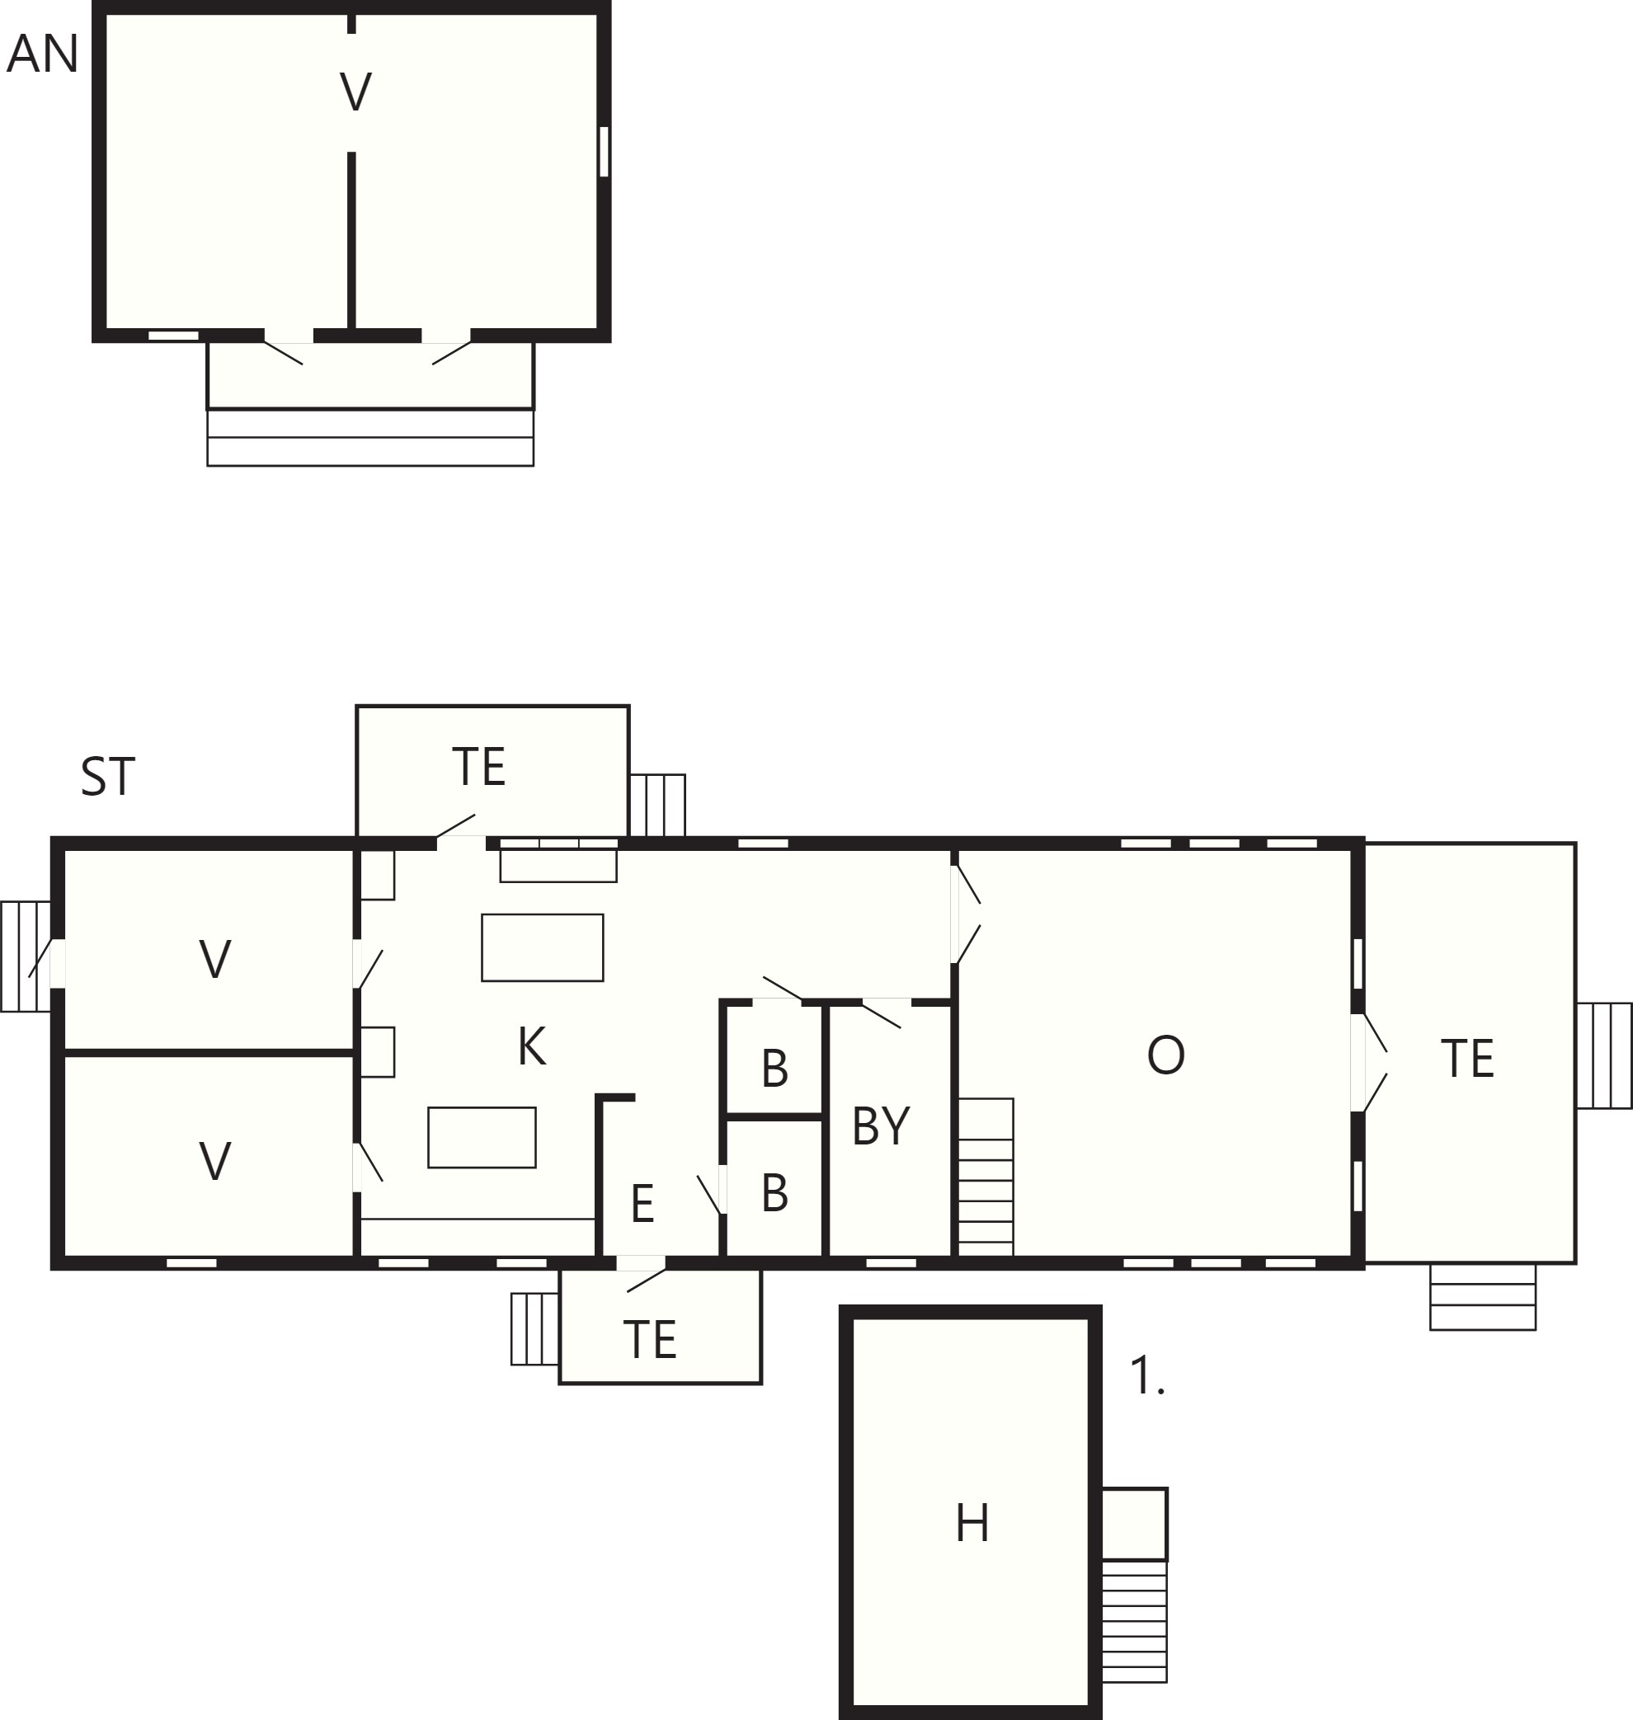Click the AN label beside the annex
43,54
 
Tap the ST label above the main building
108,777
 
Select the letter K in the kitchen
532,1046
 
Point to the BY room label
881,1126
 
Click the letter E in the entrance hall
642,1204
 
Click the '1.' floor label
1146,1375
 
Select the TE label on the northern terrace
478,767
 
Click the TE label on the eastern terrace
1467,1059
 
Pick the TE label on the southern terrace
650,1340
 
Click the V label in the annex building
355,92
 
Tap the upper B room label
774,1069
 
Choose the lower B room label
774,1192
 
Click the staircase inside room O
986,1177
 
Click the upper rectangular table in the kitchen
543,948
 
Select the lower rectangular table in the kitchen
482,1137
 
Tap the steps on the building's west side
26,956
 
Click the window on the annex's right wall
604,152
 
